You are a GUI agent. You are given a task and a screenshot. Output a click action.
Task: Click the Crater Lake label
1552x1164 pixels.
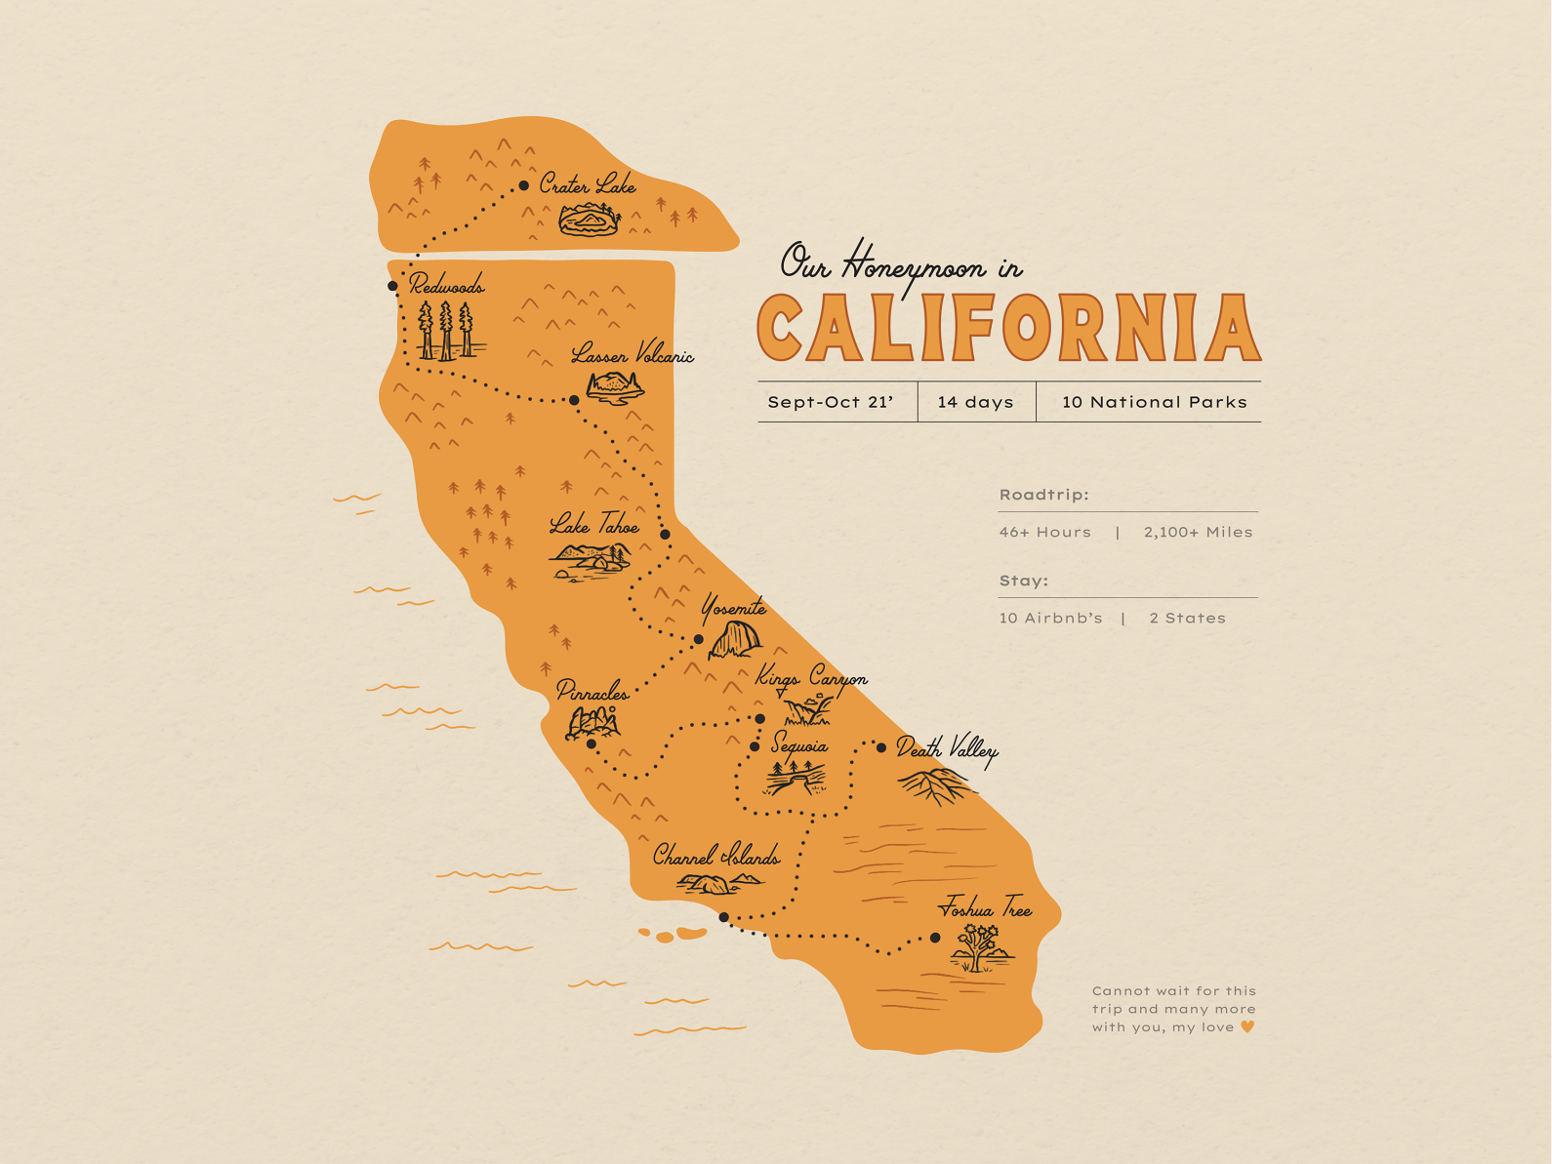point(588,184)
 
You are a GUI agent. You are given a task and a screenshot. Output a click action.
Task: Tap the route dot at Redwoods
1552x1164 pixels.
point(392,286)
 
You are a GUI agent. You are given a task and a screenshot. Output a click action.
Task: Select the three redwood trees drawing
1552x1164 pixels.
point(446,331)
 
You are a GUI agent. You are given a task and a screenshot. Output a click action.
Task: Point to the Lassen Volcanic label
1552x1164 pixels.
point(633,354)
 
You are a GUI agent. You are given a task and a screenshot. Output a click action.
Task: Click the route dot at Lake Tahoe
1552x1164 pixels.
point(666,534)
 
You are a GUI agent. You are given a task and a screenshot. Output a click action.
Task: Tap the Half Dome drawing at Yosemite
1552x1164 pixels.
point(734,641)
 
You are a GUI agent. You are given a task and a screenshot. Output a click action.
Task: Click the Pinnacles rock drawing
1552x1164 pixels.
point(592,722)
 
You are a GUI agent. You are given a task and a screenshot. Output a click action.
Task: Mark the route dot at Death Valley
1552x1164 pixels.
point(881,747)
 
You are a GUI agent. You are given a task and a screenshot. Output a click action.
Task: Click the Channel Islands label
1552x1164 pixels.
point(716,857)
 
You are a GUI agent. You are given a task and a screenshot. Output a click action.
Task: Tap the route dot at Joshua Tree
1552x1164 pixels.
point(935,938)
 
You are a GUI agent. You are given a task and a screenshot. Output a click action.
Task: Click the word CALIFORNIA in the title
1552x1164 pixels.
point(1009,328)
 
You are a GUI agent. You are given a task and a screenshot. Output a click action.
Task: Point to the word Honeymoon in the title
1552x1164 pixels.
point(913,264)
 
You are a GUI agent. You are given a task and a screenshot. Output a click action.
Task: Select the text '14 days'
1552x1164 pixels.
point(975,402)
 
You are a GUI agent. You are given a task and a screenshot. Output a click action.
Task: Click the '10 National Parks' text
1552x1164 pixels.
point(1155,402)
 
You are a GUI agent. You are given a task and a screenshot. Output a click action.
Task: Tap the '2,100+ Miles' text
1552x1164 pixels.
point(1198,532)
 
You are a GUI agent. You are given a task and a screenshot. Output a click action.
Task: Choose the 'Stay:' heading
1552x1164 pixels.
point(1023,581)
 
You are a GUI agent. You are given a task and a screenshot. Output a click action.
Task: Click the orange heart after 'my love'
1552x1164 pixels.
point(1247,1026)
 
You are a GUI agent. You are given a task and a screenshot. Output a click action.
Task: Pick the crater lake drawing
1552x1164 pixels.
point(589,221)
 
